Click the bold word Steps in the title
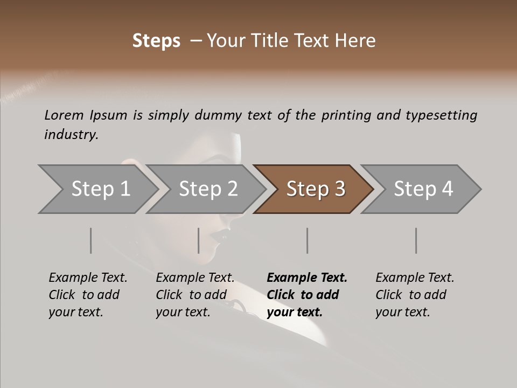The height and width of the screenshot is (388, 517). (156, 40)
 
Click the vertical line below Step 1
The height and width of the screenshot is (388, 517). (91, 240)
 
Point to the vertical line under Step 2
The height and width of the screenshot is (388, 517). (199, 240)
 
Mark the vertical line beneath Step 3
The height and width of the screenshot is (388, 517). (308, 240)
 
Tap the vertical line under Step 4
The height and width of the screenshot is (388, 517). (416, 240)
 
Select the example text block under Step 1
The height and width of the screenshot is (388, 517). (88, 295)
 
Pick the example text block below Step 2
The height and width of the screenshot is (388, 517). (195, 295)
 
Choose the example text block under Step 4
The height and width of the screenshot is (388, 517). (415, 295)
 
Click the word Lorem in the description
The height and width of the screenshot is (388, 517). (64, 115)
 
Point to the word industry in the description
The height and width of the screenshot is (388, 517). (71, 134)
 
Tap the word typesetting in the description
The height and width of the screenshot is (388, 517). (441, 115)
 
